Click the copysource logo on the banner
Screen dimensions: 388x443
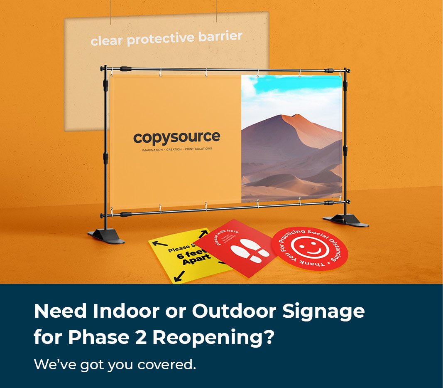[176, 137]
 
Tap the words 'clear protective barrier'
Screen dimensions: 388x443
[166, 38]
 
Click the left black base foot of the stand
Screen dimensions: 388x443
[106, 236]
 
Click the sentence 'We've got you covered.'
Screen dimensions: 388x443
[115, 365]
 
